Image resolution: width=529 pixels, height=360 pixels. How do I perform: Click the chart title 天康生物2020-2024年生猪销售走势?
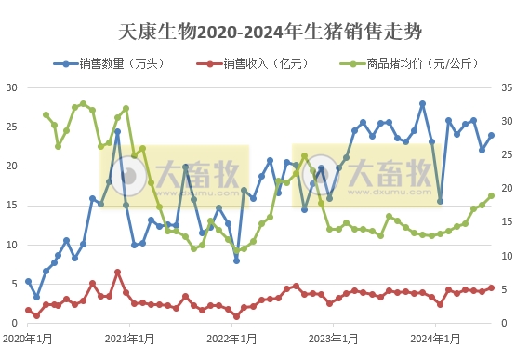click(271, 33)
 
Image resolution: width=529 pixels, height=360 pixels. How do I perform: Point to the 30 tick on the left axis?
click(12, 87)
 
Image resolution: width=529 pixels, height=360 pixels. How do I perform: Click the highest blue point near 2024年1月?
click(422, 104)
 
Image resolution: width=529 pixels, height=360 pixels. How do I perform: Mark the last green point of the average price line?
click(491, 195)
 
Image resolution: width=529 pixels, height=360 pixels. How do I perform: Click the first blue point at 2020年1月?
click(28, 281)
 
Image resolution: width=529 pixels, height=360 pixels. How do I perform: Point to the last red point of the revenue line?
click(491, 288)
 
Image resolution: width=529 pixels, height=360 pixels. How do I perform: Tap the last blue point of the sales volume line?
click(491, 135)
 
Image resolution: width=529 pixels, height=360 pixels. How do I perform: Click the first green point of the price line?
click(46, 115)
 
